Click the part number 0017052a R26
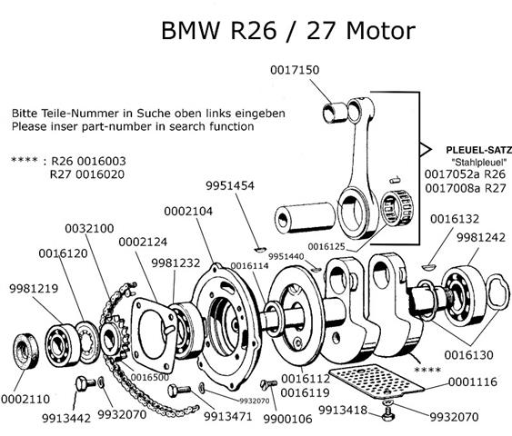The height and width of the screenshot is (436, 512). (x=465, y=173)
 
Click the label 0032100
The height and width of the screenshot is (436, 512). (x=89, y=227)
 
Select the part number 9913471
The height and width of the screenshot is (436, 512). (x=203, y=417)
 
